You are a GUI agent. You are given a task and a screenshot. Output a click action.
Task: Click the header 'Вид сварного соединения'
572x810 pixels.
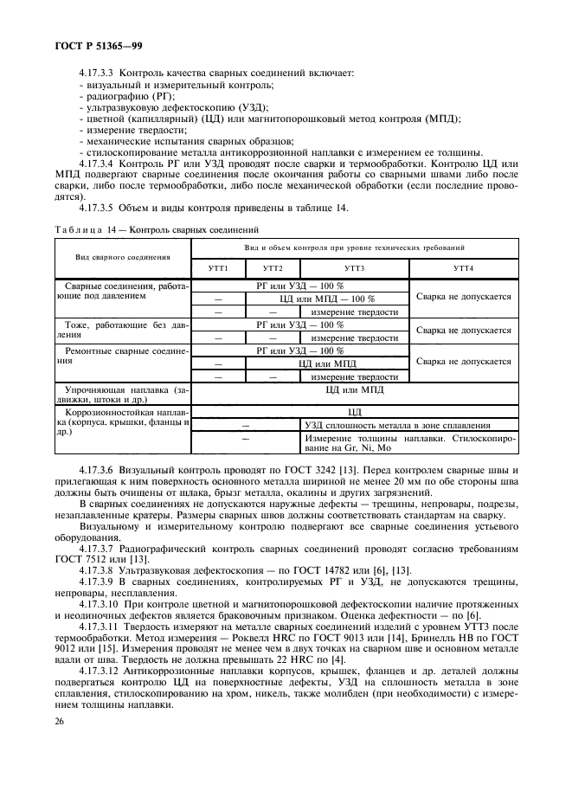[123, 257]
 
